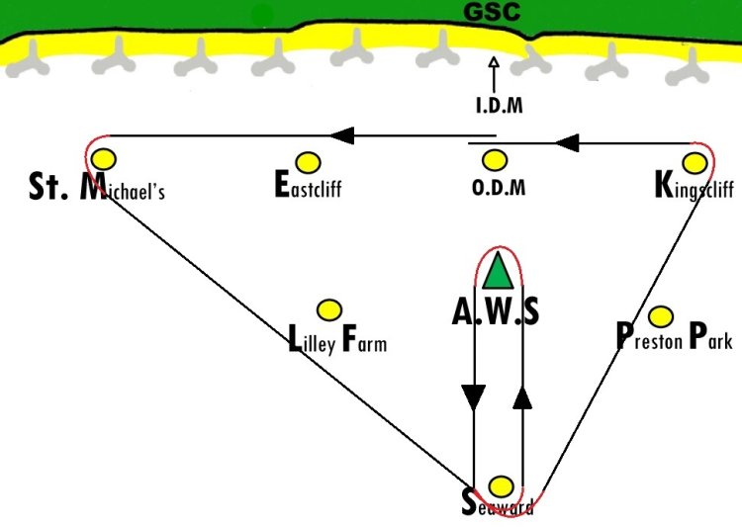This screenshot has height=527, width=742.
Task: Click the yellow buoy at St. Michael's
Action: [104, 159]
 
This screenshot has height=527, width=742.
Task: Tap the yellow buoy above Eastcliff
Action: [308, 162]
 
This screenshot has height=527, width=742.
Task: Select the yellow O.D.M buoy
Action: [495, 160]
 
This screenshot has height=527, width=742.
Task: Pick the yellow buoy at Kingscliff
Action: [695, 163]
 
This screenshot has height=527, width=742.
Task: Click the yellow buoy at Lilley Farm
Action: [329, 310]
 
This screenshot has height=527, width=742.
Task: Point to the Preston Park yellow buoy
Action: [661, 316]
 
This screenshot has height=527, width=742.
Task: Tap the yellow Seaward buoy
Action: [501, 486]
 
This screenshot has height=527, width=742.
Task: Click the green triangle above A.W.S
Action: [498, 271]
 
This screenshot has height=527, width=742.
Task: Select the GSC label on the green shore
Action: [492, 12]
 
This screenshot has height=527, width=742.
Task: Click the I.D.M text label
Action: [500, 105]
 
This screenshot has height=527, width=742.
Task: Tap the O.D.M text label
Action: [499, 187]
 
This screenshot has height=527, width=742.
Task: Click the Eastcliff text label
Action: [308, 184]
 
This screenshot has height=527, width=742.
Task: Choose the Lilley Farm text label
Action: [337, 339]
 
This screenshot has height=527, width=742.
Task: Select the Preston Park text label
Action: [675, 336]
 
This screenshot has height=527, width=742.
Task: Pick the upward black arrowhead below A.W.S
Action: [523, 397]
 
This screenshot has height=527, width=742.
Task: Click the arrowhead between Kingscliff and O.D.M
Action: [567, 142]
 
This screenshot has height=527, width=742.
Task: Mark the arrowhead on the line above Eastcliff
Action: [342, 135]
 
